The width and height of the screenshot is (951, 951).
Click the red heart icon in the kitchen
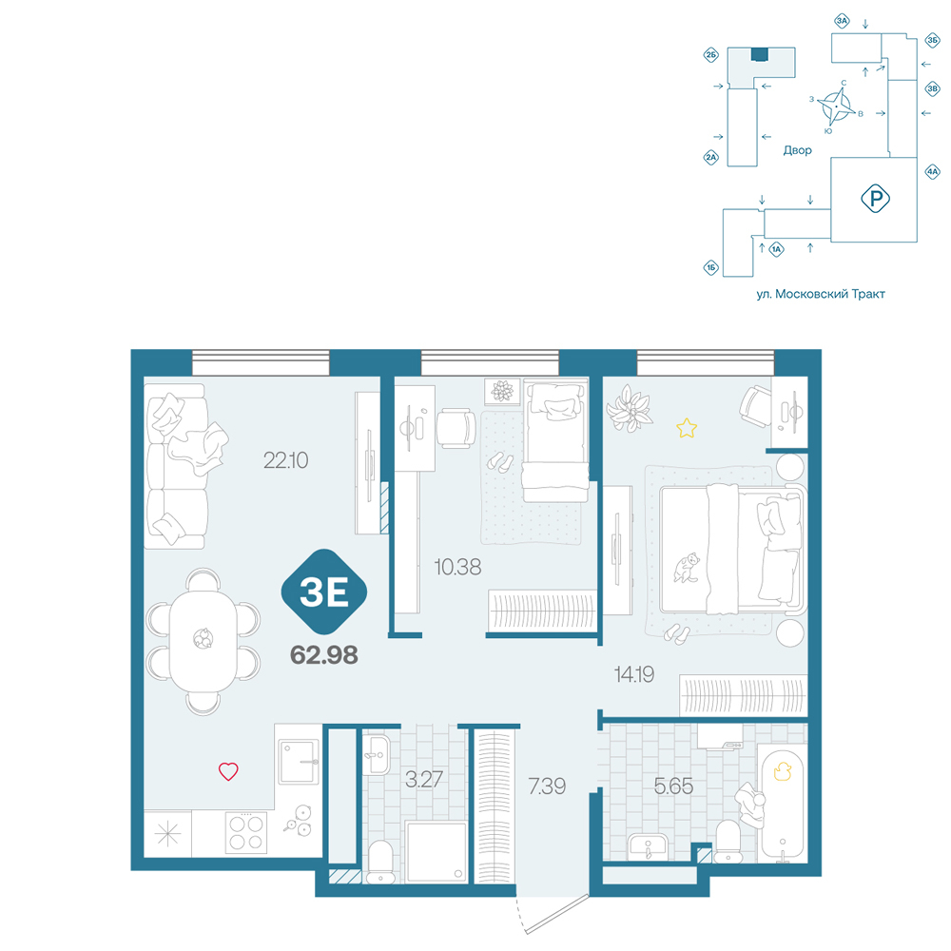point(228,771)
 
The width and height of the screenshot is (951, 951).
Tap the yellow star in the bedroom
point(687,428)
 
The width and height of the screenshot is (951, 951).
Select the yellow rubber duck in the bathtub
point(783,771)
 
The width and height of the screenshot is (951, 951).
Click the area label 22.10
point(285,460)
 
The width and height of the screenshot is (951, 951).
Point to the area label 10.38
point(458,567)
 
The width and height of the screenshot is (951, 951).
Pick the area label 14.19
point(634,674)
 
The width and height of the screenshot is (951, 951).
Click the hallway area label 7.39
point(547,786)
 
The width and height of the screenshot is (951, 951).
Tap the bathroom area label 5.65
point(673,786)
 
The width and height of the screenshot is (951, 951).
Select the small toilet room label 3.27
point(424,779)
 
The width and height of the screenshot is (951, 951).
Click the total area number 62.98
point(324,655)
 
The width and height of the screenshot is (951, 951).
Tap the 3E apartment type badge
point(324,592)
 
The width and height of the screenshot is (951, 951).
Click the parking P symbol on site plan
point(875,199)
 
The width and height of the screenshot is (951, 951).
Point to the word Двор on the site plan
point(797,150)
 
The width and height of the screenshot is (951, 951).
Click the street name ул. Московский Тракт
point(821,294)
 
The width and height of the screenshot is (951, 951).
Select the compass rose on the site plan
point(836,107)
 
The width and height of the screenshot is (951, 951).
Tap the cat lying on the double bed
point(687,568)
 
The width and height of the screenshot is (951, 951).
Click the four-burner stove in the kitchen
point(245,832)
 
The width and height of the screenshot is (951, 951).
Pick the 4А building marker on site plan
point(932,171)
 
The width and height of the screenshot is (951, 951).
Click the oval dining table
point(203,640)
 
